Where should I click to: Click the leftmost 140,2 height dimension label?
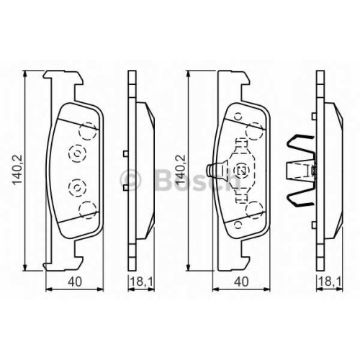coord(17,170)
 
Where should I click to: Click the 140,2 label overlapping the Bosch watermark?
coord(181,170)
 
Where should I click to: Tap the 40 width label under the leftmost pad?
coord(75,282)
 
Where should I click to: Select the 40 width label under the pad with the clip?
coord(241,282)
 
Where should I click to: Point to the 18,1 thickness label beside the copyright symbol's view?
coord(142,282)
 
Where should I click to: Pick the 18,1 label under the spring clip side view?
coord(330,282)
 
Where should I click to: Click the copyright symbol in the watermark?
coord(130,180)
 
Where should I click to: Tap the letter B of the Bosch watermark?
coord(164,180)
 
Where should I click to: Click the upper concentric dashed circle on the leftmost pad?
coord(77,153)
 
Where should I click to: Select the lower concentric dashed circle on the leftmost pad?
coord(77,187)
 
